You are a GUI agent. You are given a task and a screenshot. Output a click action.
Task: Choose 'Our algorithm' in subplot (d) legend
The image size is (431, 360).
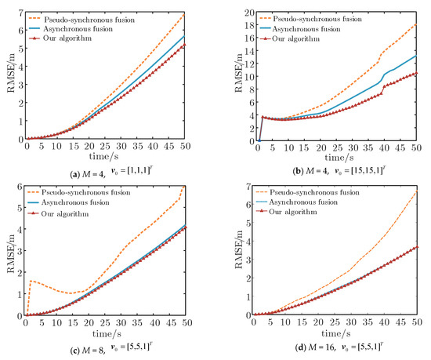pos(298,212)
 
